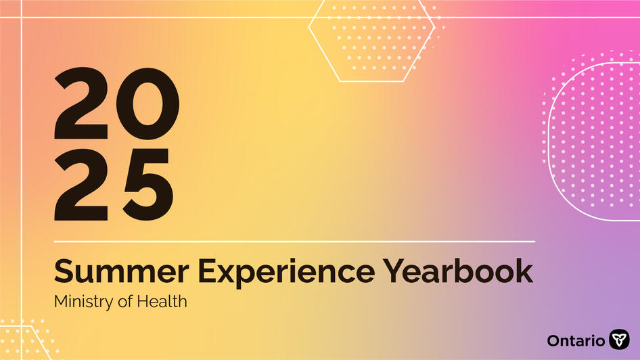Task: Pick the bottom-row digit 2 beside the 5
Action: [81, 181]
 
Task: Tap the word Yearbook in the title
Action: [457, 272]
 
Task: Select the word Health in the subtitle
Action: [162, 301]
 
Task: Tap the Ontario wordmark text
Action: [576, 340]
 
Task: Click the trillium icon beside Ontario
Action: [619, 340]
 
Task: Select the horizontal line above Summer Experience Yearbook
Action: [294, 241]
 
